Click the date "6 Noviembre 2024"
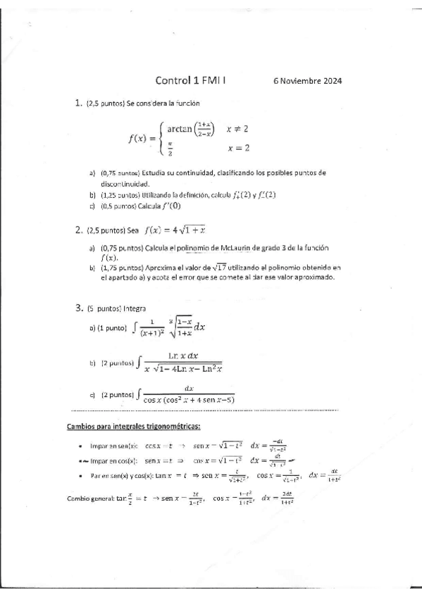[307, 81]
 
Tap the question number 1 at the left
[78, 103]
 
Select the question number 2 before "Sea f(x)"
[78, 230]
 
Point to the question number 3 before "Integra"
[78, 308]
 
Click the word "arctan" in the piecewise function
[181, 129]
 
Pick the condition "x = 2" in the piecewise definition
[238, 148]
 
